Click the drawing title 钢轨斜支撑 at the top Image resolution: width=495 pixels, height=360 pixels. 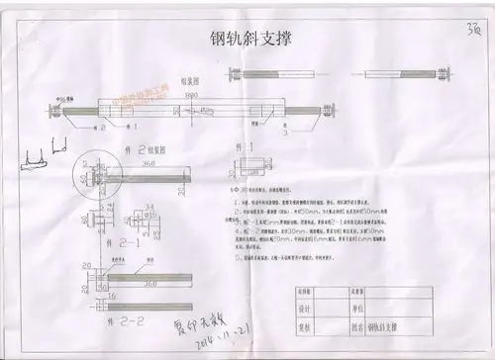coord(253,40)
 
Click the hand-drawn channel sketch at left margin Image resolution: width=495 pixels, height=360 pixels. coord(45,150)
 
